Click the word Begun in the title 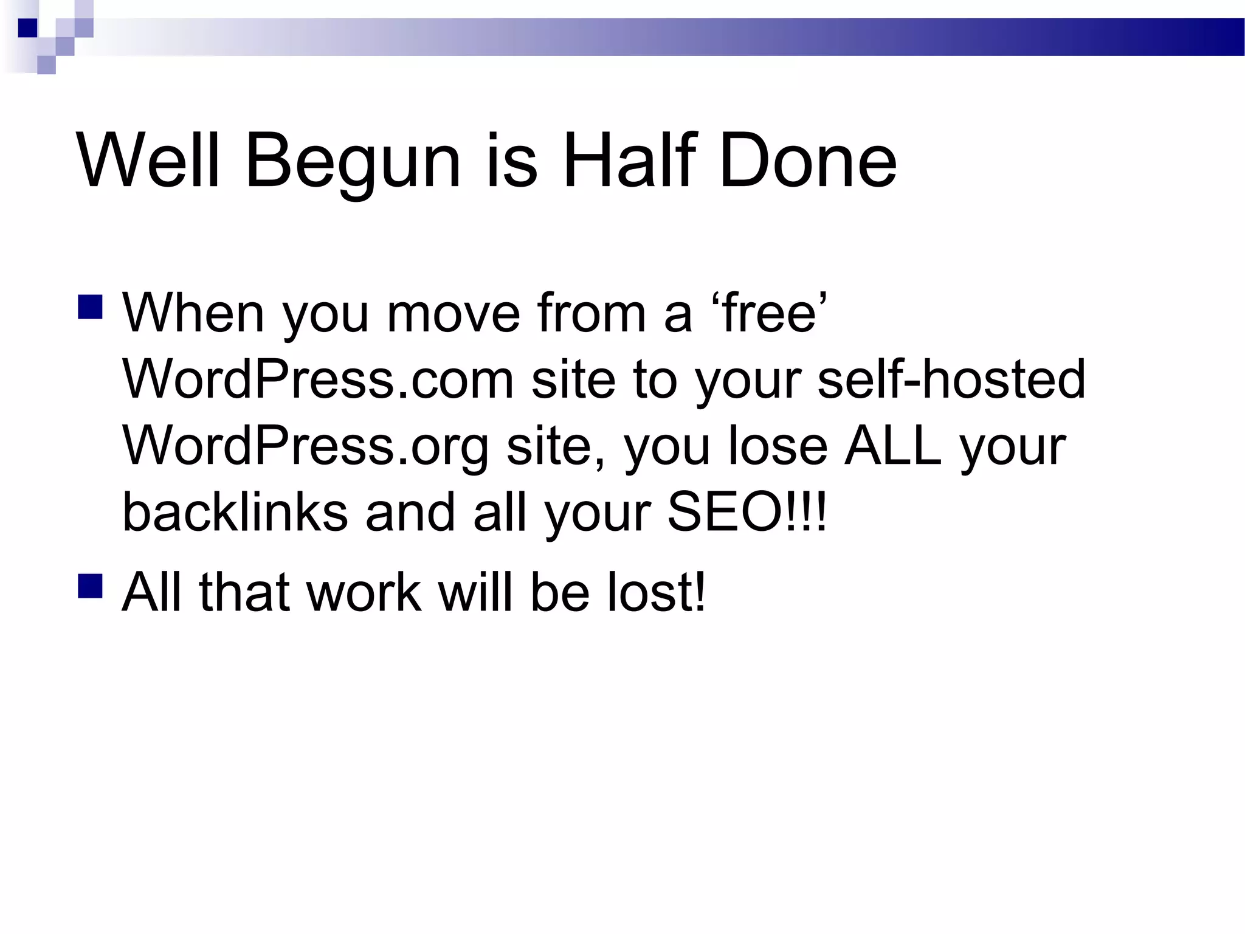click(x=353, y=163)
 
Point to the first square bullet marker click(x=90, y=307)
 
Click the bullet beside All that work click(x=90, y=586)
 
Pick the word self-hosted click(x=951, y=379)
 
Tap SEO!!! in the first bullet click(x=747, y=512)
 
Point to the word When click(x=193, y=314)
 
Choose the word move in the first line click(x=453, y=314)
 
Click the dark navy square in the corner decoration click(x=28, y=28)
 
